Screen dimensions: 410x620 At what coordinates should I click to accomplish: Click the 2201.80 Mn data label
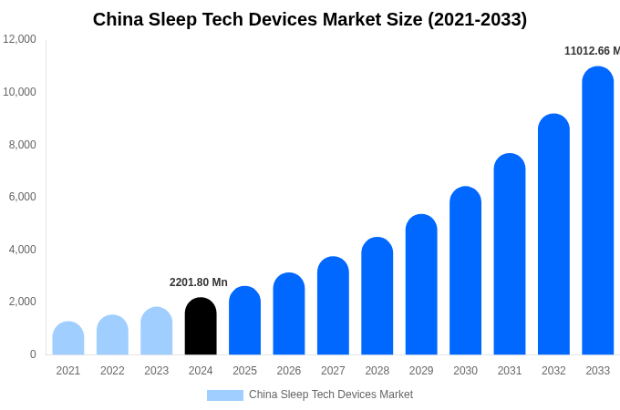coord(199,282)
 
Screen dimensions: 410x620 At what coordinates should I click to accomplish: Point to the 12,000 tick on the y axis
coord(20,39)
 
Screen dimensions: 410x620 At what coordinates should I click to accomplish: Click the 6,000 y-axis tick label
coord(23,197)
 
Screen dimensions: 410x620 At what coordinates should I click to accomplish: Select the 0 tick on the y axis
coord(33,354)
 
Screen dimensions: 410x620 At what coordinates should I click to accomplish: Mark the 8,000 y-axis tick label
coord(23,145)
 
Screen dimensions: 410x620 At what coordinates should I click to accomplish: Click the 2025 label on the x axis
coord(244,371)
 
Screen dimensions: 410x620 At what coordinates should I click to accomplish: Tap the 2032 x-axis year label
coord(553,371)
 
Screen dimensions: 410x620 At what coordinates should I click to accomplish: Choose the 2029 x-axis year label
coord(421,371)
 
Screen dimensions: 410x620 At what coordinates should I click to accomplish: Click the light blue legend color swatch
coord(225,395)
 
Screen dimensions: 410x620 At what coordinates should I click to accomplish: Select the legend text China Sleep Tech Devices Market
coord(331,395)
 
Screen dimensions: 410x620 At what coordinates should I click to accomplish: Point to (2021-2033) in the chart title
coord(468,19)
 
